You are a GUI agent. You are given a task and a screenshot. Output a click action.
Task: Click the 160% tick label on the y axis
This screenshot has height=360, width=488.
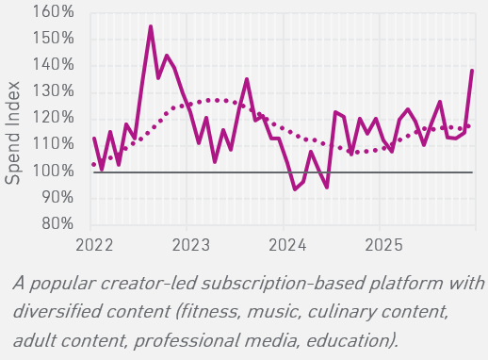tap(53, 12)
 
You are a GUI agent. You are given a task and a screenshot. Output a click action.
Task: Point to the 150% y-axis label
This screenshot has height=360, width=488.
tap(53, 39)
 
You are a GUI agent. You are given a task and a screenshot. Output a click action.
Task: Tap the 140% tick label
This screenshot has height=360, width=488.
tap(53, 65)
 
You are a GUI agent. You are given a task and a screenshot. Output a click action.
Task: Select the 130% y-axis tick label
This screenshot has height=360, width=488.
tap(53, 91)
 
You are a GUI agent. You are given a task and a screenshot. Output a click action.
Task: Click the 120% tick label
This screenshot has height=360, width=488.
tap(53, 118)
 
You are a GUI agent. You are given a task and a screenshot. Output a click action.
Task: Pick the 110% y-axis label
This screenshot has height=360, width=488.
tap(53, 144)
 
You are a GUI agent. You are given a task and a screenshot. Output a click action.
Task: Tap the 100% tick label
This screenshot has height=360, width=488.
tap(53, 172)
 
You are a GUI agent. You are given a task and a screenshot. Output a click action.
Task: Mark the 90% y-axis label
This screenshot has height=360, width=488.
tap(57, 198)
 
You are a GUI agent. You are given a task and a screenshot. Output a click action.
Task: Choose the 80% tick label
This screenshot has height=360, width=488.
tap(57, 224)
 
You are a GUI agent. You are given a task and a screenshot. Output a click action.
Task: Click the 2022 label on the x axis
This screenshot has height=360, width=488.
tap(94, 245)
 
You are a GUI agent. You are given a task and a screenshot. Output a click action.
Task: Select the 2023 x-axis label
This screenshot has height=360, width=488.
tap(190, 245)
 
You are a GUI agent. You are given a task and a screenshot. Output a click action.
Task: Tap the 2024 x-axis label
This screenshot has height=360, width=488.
tap(287, 245)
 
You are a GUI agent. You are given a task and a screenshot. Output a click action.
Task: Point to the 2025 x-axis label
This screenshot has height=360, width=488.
tap(383, 245)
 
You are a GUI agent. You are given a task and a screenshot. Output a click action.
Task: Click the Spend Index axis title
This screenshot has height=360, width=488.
tap(12, 133)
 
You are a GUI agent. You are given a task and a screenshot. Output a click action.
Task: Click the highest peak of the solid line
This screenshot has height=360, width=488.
tap(151, 26)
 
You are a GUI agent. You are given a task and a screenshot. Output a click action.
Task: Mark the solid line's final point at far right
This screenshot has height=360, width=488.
tap(472, 71)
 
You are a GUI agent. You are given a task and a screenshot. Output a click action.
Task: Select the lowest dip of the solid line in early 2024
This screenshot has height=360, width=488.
tap(295, 189)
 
